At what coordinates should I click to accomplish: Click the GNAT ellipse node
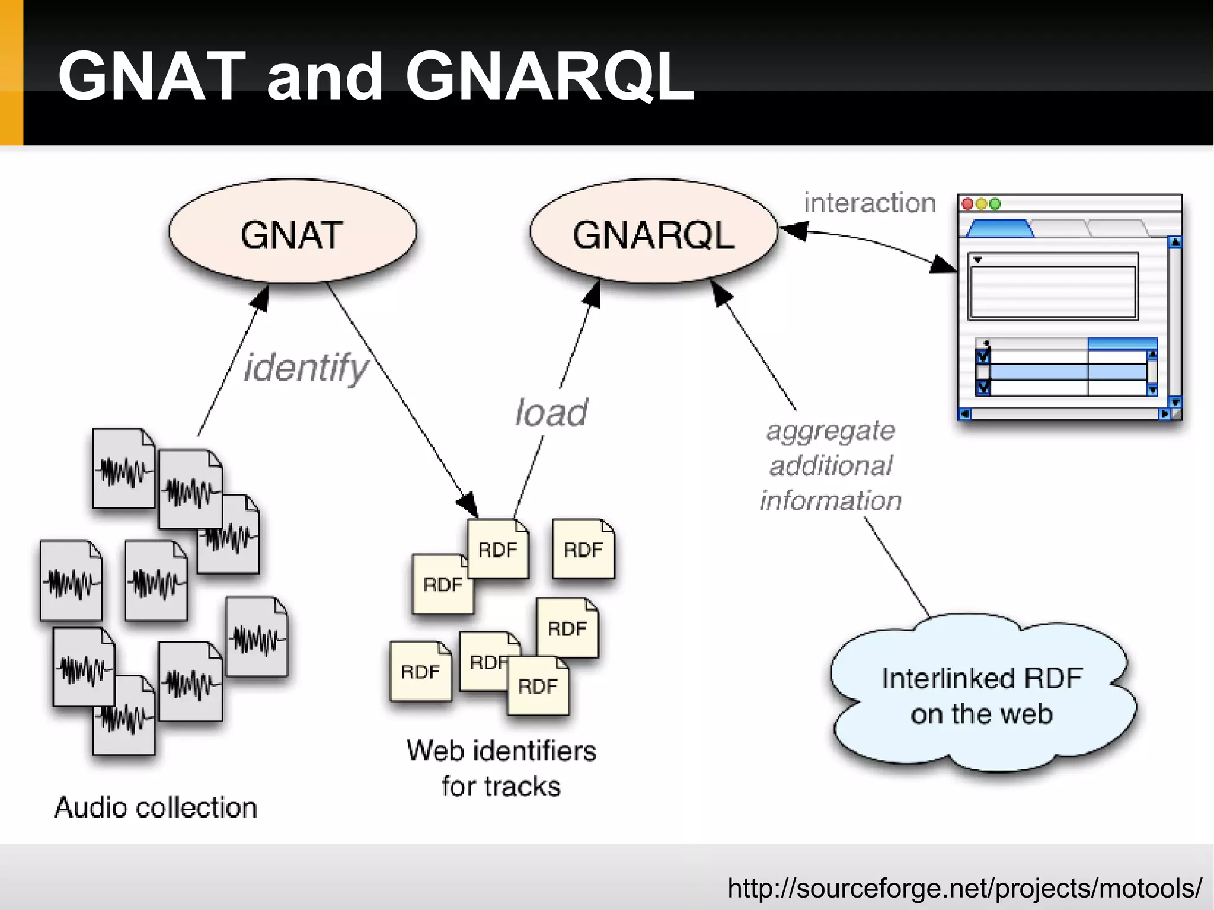[292, 232]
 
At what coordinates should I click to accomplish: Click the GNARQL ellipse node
[653, 232]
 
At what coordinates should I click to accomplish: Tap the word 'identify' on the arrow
[306, 368]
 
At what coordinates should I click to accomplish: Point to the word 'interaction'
[869, 203]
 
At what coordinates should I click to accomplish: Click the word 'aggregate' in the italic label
[830, 431]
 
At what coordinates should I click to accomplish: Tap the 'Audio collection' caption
[155, 807]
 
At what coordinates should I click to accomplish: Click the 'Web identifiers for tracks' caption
[501, 768]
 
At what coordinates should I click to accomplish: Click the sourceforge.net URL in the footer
[964, 887]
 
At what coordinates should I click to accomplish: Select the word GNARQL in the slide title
[549, 76]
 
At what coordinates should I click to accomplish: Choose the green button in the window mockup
[995, 204]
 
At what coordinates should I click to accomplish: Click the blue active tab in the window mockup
[999, 229]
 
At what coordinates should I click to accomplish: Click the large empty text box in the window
[1052, 292]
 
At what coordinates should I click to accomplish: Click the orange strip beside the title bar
[11, 72]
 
